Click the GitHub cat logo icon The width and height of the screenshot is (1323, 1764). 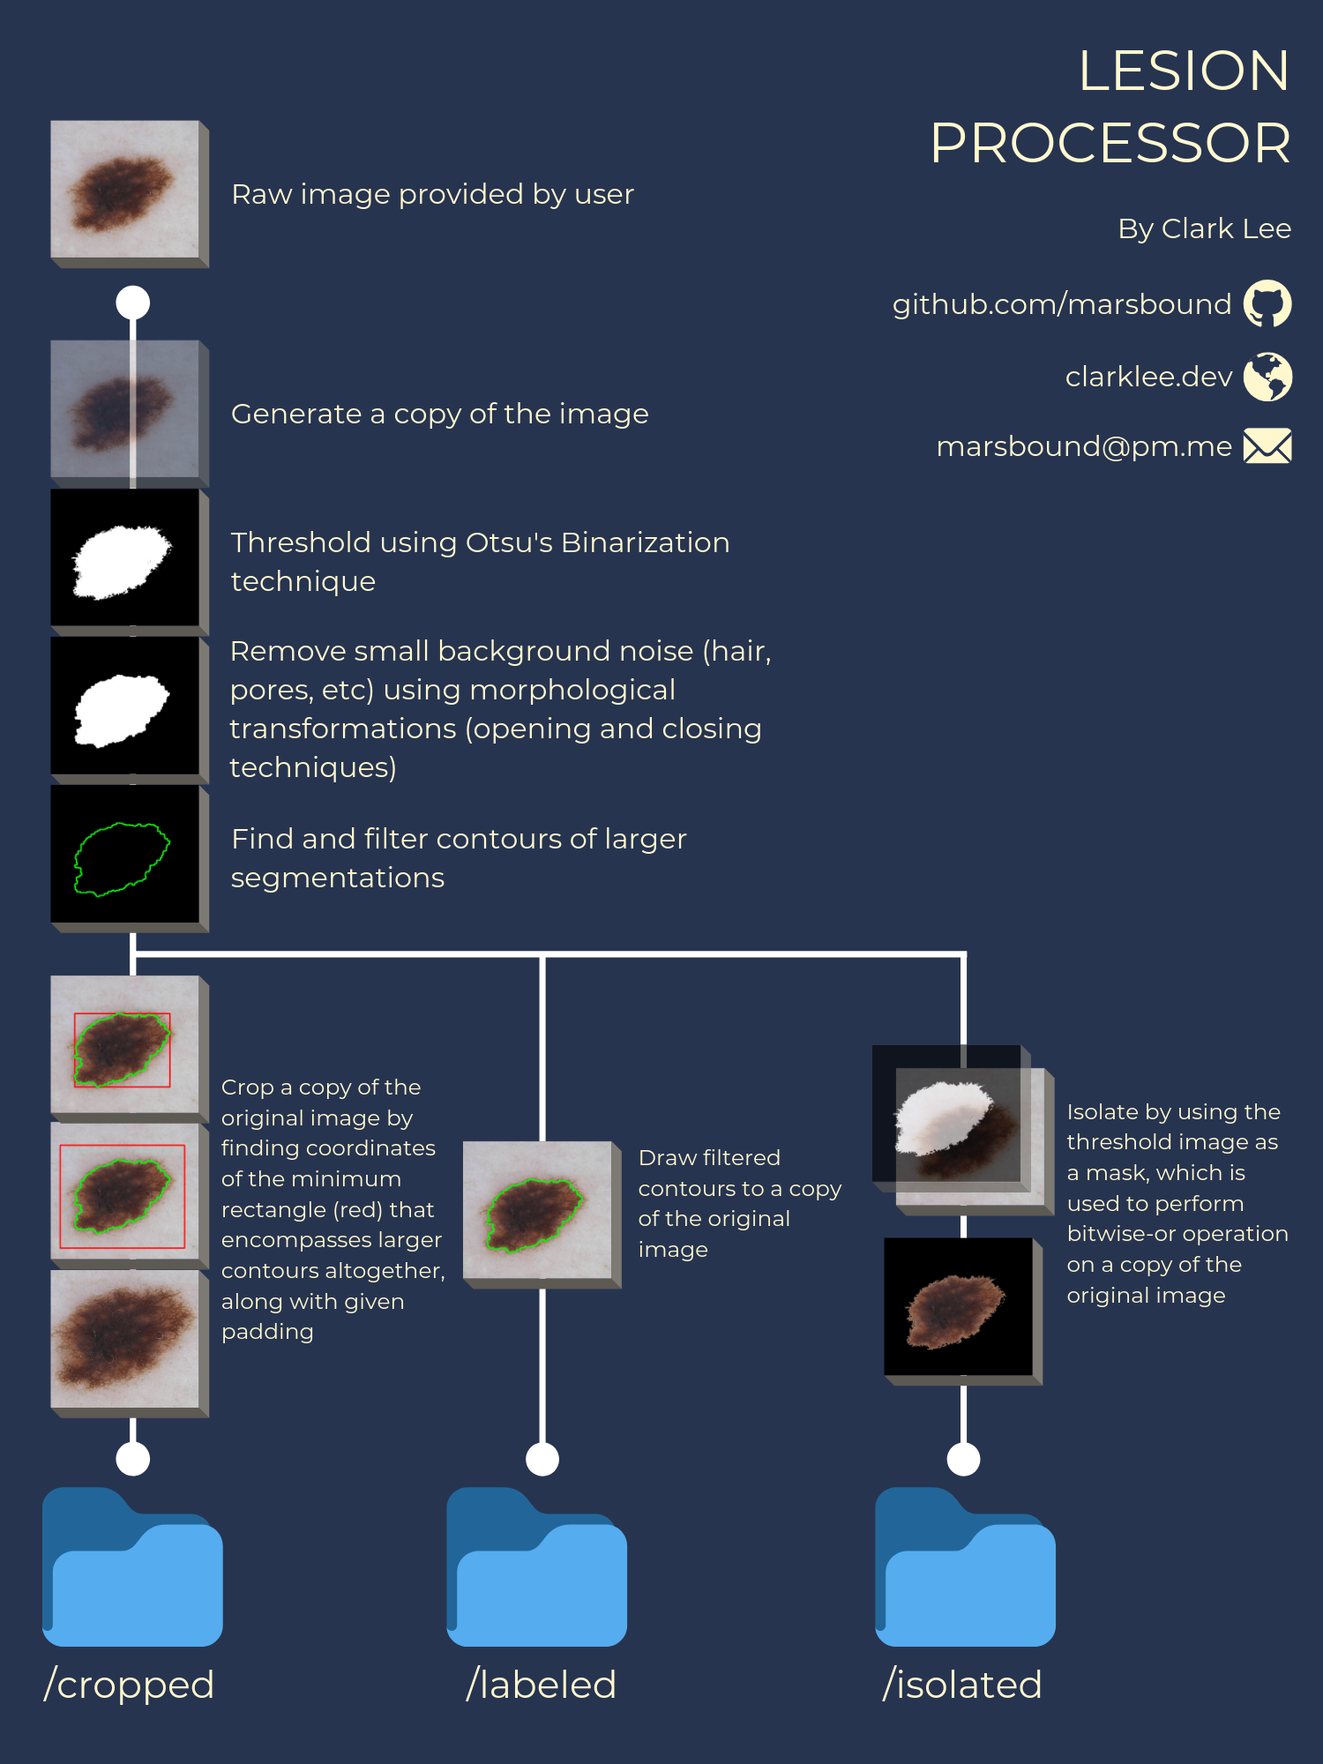click(1267, 304)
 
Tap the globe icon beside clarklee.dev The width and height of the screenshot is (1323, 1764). click(1267, 377)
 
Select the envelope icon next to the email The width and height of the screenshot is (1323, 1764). click(1267, 446)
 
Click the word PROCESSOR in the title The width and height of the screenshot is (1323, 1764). click(1110, 143)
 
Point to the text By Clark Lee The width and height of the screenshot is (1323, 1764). click(1204, 228)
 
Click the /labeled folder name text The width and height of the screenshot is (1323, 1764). click(541, 1685)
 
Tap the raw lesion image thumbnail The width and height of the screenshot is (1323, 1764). click(125, 190)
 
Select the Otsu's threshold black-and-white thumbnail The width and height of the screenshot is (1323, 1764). click(125, 558)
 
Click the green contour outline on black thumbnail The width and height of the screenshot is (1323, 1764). click(125, 855)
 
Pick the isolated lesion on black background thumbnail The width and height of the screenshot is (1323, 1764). click(959, 1307)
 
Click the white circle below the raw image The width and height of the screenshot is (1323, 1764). click(133, 303)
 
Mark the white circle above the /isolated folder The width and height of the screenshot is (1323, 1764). click(963, 1459)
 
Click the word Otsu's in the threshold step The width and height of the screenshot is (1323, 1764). click(509, 542)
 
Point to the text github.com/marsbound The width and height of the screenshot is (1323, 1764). click(1061, 304)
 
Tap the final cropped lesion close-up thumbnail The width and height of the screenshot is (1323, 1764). click(125, 1339)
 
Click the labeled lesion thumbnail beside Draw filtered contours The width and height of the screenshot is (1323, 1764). click(537, 1210)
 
